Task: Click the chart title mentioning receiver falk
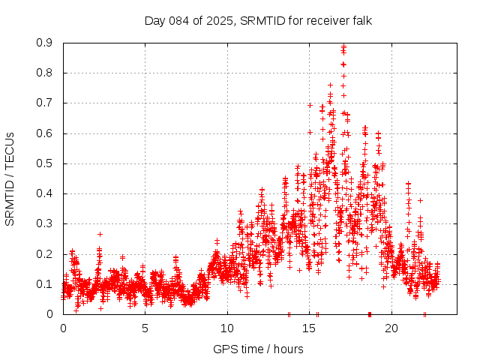[x=258, y=20]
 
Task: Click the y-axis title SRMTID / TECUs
[x=10, y=178]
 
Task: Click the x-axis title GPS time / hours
[x=258, y=349]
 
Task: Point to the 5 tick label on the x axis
[x=145, y=328]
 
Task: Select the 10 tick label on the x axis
[x=227, y=328]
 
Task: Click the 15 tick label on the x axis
[x=309, y=328]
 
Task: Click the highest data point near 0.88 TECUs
[x=343, y=47]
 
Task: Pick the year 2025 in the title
[x=218, y=20]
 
